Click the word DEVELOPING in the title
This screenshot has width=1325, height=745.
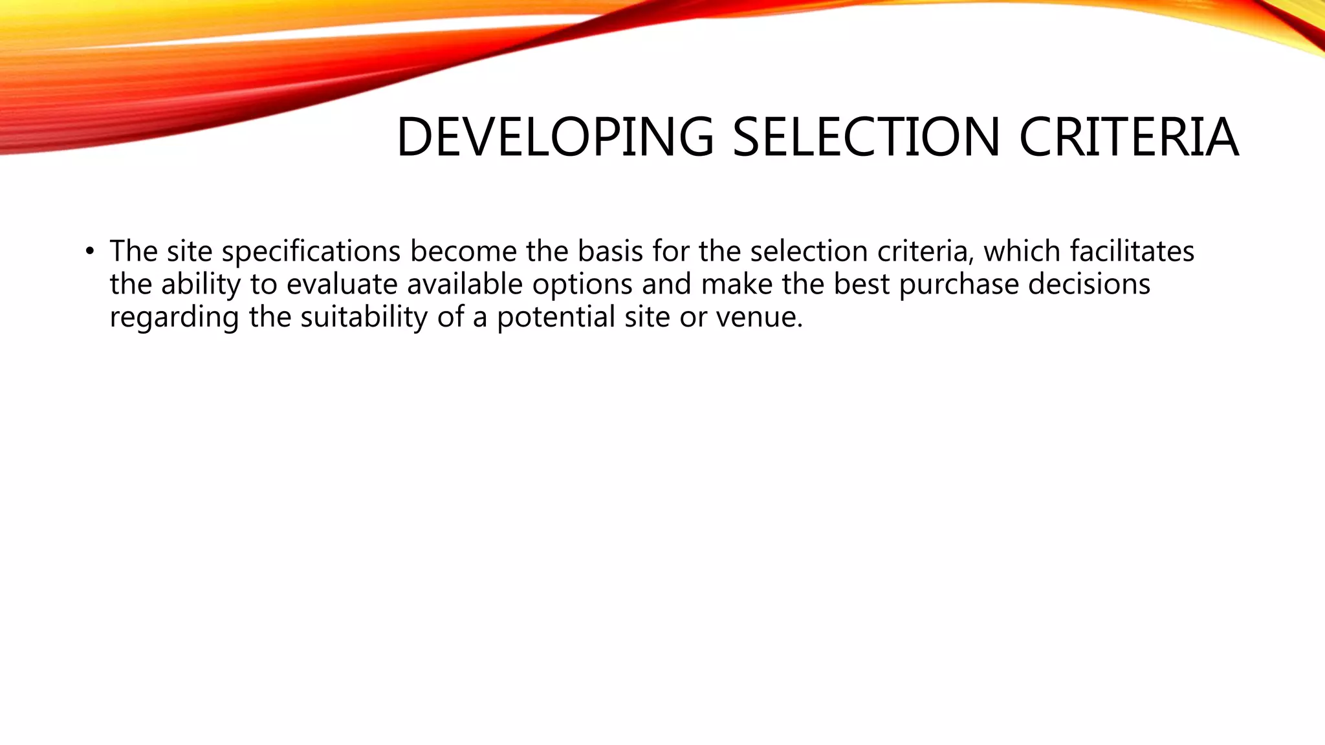pos(555,137)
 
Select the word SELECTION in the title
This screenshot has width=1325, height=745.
pos(867,137)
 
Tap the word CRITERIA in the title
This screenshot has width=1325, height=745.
pos(1128,137)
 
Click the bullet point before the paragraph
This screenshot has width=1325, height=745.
pos(89,251)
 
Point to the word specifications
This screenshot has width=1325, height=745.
pos(311,252)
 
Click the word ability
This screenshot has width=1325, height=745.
pos(201,285)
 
